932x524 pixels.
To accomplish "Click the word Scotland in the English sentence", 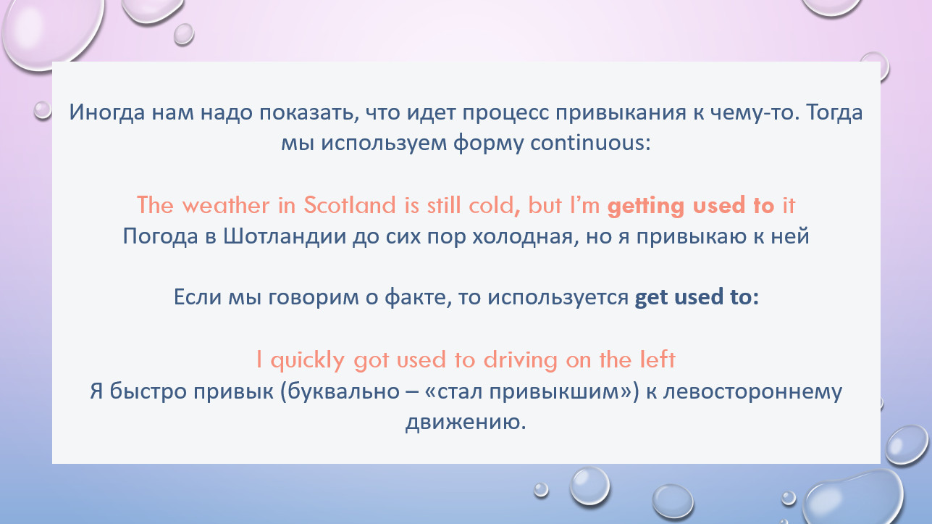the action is coord(350,205).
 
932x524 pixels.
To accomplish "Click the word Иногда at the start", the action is coord(107,113).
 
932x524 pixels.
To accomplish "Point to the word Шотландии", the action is coord(285,236).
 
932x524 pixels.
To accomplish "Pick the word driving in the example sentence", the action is coord(520,360).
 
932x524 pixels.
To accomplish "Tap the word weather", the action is coord(226,205).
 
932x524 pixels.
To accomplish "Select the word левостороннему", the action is coord(752,392).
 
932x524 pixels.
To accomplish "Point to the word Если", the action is coord(197,297).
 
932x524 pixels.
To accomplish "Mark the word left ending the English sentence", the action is coord(658,359).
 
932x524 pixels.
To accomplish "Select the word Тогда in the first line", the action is coord(834,113).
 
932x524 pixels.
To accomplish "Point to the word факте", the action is coord(418,297).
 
